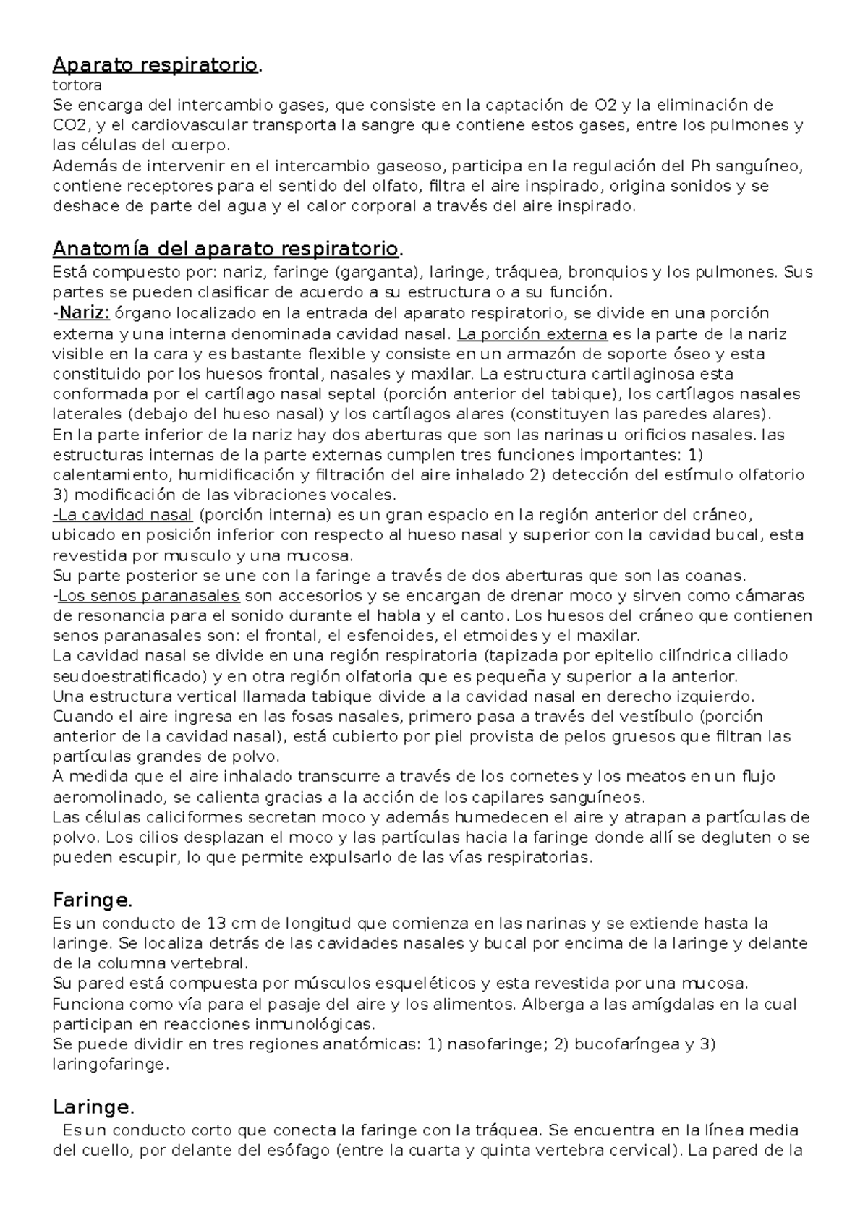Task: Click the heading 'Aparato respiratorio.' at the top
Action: [155, 65]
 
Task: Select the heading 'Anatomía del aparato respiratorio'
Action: [225, 250]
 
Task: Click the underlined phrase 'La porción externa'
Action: [532, 334]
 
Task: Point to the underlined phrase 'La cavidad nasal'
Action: [124, 515]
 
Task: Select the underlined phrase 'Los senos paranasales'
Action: [148, 596]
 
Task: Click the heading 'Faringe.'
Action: [93, 900]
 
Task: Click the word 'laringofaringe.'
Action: [110, 1065]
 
